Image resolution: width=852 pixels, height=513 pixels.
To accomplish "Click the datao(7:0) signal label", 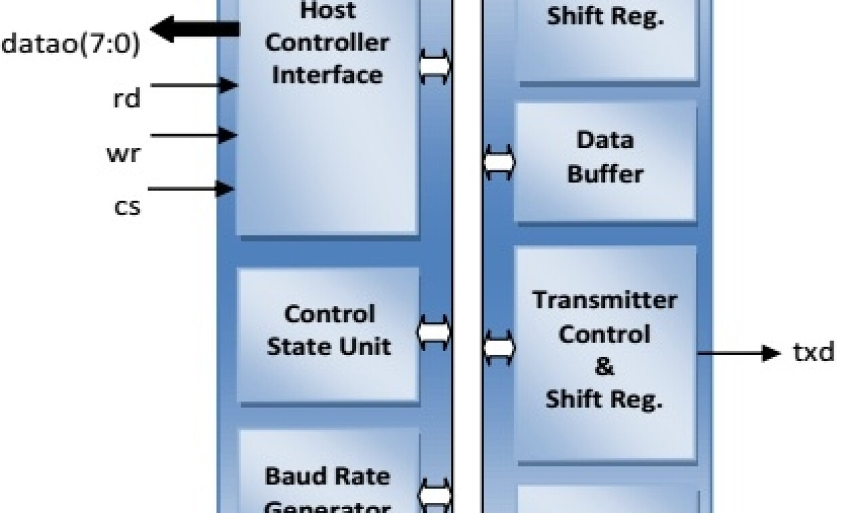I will click(x=71, y=45).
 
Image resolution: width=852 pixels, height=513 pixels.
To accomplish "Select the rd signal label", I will click(x=126, y=99).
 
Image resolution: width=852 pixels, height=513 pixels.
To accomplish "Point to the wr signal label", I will click(x=123, y=153).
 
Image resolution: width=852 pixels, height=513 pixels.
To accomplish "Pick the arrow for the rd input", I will click(x=194, y=85).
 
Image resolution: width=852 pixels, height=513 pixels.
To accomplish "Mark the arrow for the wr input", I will click(x=194, y=136).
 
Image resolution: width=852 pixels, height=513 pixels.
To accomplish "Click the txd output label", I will click(x=813, y=353).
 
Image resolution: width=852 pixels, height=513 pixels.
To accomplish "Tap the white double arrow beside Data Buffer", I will click(x=499, y=163).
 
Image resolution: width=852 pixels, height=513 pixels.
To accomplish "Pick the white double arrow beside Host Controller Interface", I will click(x=435, y=66).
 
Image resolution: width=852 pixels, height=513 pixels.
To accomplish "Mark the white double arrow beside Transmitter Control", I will click(x=499, y=347).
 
